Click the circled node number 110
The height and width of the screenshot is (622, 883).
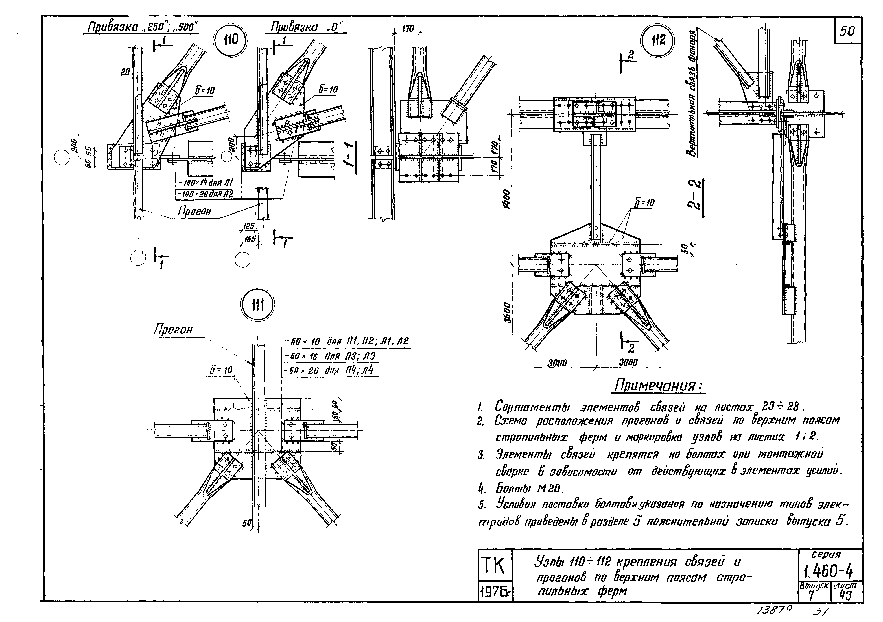(x=231, y=40)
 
